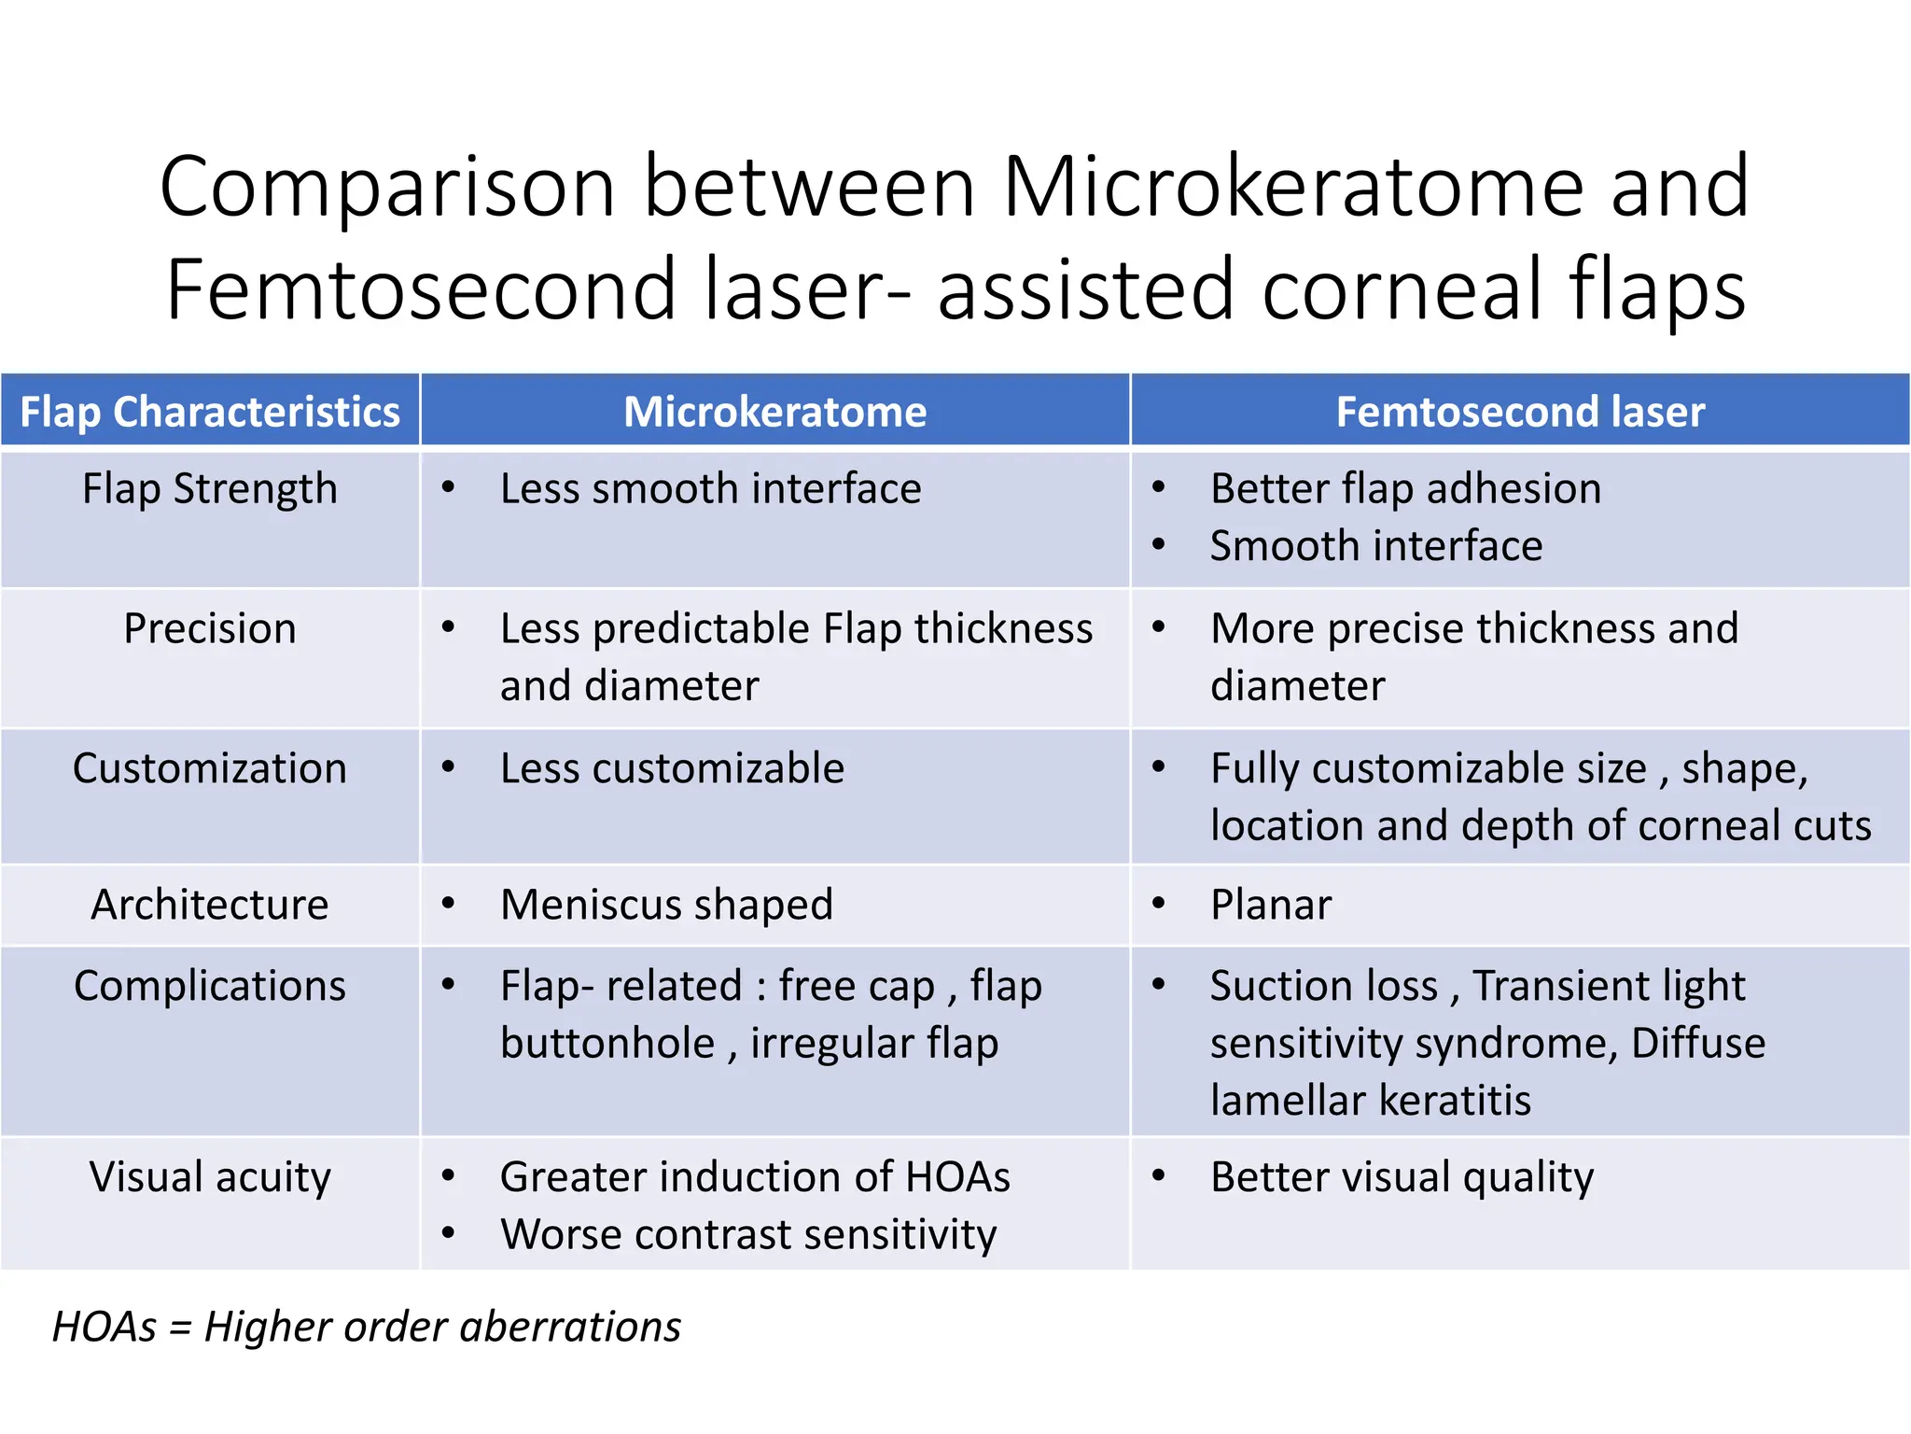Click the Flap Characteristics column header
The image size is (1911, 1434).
pos(210,412)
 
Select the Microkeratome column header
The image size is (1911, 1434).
pos(774,412)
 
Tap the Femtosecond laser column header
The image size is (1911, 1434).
pos(1520,412)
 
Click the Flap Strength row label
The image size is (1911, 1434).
pos(210,488)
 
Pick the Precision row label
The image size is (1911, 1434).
pos(210,628)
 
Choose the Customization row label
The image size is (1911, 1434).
pos(210,768)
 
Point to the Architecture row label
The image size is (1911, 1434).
pos(210,905)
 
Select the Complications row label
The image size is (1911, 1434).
pos(210,986)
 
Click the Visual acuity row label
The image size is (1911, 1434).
pos(210,1176)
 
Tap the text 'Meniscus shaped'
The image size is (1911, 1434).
pos(666,905)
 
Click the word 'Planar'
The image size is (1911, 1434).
pos(1271,905)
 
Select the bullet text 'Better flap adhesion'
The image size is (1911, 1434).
pos(1405,488)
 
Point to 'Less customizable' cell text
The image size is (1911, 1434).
pos(672,768)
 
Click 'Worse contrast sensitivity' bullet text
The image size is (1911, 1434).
pos(748,1234)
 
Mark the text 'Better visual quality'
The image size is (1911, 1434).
pos(1402,1176)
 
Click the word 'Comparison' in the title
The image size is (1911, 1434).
pos(387,187)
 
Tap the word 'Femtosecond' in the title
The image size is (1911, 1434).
pos(420,289)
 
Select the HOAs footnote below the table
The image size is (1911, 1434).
pos(367,1327)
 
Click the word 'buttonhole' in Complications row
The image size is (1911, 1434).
pos(607,1043)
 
